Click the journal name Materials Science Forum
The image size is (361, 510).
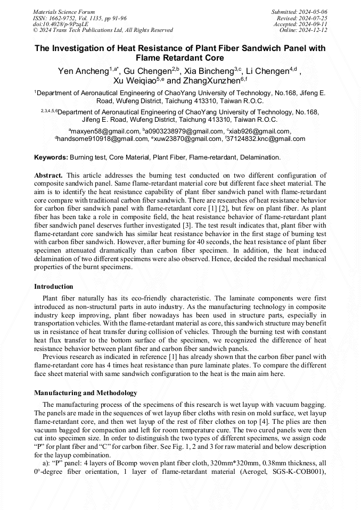pos(64,12)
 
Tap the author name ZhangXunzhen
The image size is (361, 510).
pos(208,81)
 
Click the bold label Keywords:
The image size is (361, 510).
pos(51,157)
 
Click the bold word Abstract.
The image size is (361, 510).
pos(48,175)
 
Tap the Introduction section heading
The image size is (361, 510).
pos(53,287)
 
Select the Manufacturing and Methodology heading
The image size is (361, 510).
pos(85,393)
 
